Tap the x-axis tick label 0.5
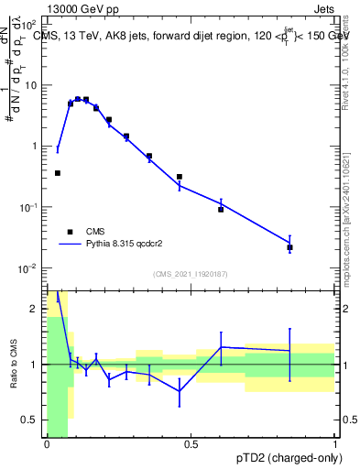coord(191,444)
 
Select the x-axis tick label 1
coord(334,444)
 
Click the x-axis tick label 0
coord(47,444)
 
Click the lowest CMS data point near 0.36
coord(57,172)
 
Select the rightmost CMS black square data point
coord(289,247)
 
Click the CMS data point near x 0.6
coord(221,210)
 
